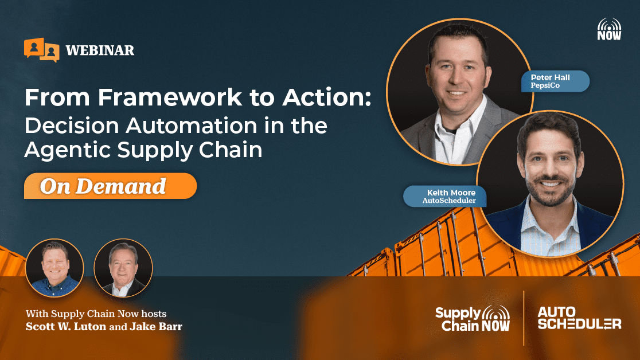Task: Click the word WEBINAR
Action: (100, 50)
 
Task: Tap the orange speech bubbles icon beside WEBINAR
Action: (42, 50)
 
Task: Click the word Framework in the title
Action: (170, 97)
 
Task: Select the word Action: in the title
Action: (327, 97)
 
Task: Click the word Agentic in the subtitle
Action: (67, 150)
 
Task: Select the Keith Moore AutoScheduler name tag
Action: (445, 196)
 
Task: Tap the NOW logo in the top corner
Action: (609, 29)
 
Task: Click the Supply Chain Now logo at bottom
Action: (473, 319)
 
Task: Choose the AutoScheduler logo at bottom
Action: (579, 318)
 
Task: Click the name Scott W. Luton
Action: (66, 327)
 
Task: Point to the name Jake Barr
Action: (156, 327)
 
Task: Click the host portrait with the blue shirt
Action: (54, 268)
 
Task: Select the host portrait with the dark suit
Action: (123, 268)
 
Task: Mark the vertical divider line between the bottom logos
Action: (524, 318)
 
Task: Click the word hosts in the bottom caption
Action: (154, 314)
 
